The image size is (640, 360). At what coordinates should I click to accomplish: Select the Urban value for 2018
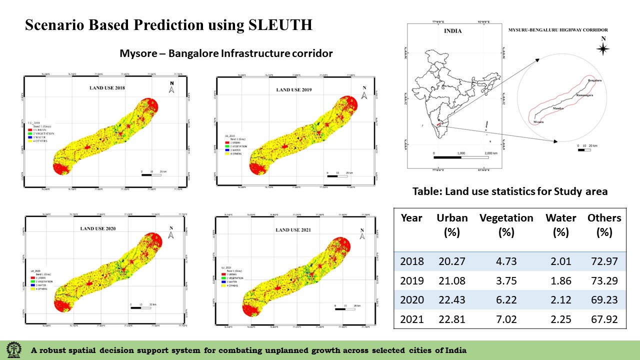[452, 261]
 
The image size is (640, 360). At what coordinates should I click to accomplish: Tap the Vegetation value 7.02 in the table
[506, 318]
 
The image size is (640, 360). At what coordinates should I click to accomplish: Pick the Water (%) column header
[560, 225]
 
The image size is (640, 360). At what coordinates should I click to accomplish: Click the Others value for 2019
[604, 280]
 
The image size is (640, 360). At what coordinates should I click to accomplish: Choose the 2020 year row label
[412, 299]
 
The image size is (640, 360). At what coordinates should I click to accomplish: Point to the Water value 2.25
[560, 318]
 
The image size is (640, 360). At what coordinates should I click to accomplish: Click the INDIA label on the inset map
[452, 31]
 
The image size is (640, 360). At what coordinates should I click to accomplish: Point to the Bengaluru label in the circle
[595, 80]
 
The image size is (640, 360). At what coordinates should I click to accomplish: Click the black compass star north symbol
[603, 48]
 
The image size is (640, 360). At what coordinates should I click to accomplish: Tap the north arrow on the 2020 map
[171, 234]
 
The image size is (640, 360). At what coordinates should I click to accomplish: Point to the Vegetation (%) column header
[506, 225]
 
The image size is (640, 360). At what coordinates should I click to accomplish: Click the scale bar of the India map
[461, 157]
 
